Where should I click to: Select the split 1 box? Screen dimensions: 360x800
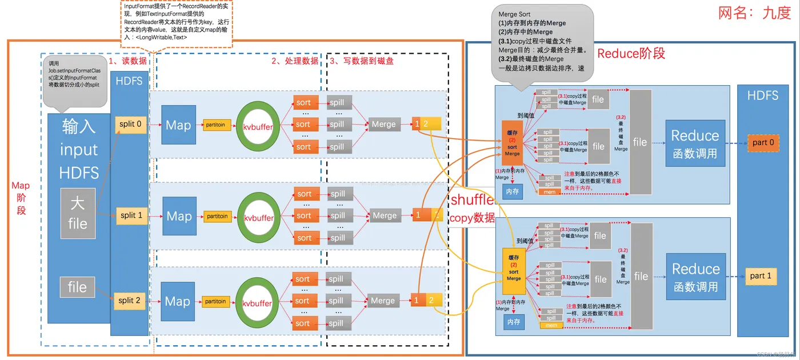click(131, 215)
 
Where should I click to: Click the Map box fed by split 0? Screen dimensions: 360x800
click(178, 125)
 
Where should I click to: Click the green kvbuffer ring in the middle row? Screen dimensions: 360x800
click(258, 217)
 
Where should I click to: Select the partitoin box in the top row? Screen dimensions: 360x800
click(217, 124)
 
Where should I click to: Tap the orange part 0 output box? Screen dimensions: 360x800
click(763, 142)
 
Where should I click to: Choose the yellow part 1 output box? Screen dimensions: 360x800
click(761, 276)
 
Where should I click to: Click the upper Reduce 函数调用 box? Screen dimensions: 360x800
click(695, 143)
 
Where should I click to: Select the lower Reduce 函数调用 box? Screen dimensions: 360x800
click(695, 277)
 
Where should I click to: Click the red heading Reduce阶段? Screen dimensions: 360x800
click(631, 54)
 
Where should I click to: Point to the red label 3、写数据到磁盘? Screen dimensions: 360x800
click(361, 61)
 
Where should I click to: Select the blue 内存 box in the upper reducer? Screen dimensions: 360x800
click(513, 191)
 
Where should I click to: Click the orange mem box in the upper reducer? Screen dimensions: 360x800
click(549, 192)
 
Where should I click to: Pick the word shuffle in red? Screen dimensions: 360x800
click(471, 200)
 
